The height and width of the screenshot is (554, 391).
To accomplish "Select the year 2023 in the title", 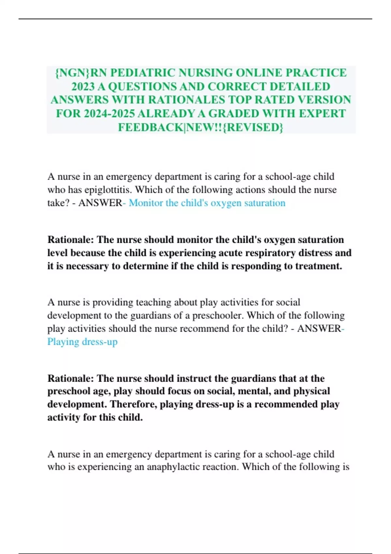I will tap(83, 86).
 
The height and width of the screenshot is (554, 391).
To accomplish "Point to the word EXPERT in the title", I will tap(322, 113).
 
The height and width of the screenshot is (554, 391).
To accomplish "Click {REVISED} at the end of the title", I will tap(254, 127).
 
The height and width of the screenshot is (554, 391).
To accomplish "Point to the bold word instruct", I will tap(194, 378).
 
